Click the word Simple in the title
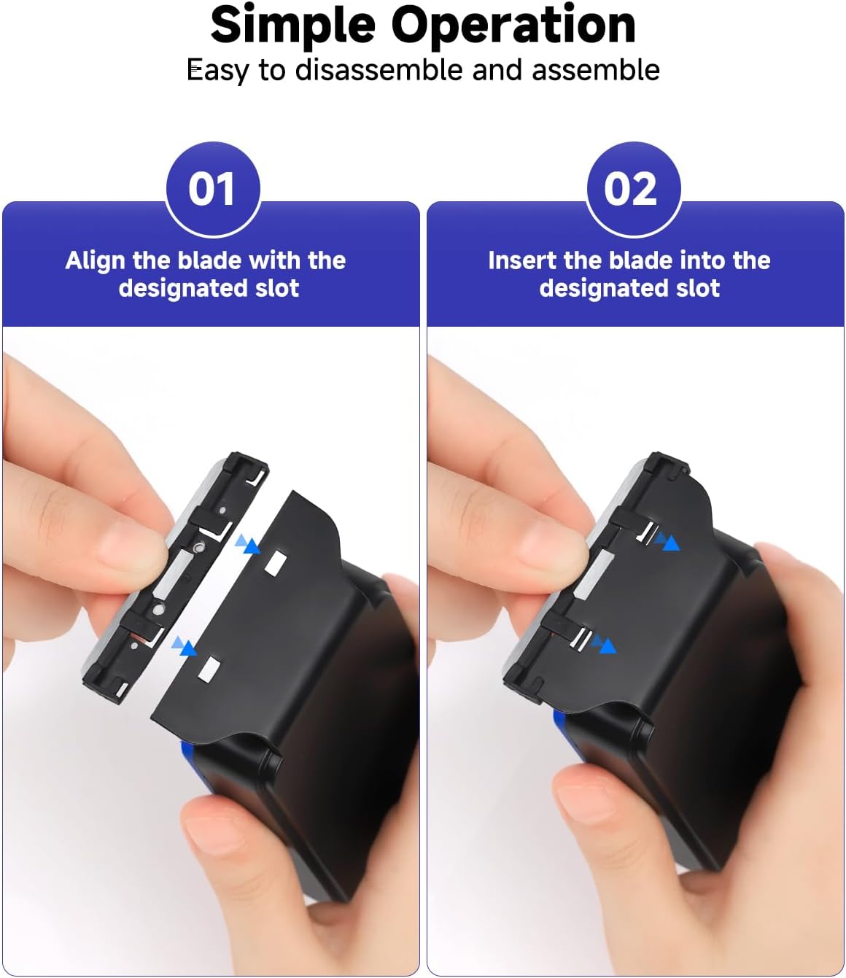pos(294,26)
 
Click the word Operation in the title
pos(513,26)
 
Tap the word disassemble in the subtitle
pos(379,71)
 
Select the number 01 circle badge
pos(211,189)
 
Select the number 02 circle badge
pos(632,189)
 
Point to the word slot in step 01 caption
pos(277,288)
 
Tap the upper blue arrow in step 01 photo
pos(247,544)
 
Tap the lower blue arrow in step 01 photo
pos(184,646)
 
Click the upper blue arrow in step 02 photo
pos(667,541)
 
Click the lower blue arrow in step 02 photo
pos(604,645)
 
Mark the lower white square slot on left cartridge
pos(210,668)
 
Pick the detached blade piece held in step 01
pos(175,576)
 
